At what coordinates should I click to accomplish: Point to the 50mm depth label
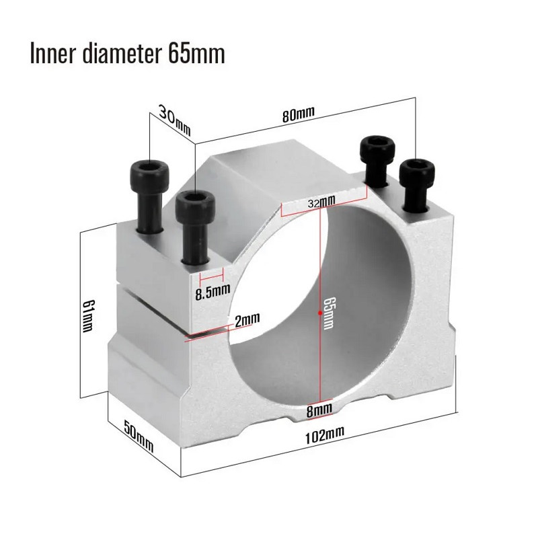click(139, 436)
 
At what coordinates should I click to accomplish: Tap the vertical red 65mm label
click(329, 313)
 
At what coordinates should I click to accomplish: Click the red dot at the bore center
click(320, 312)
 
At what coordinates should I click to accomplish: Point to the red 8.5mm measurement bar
click(212, 276)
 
